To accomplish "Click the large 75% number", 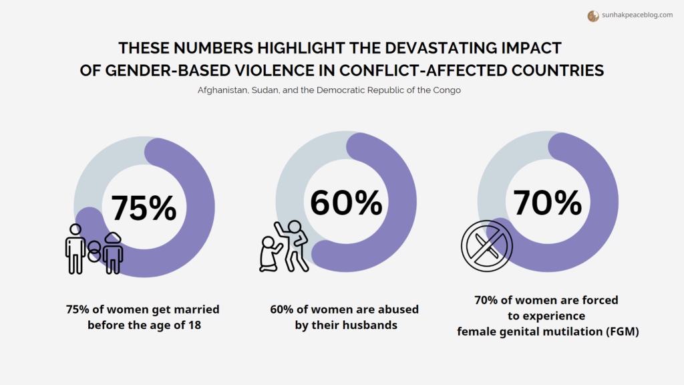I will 144,208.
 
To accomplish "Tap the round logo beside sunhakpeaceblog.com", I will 592,16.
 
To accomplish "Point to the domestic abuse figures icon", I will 284,246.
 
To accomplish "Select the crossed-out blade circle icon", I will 486,246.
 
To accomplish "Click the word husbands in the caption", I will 370,325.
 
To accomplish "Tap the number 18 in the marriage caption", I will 194,325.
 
